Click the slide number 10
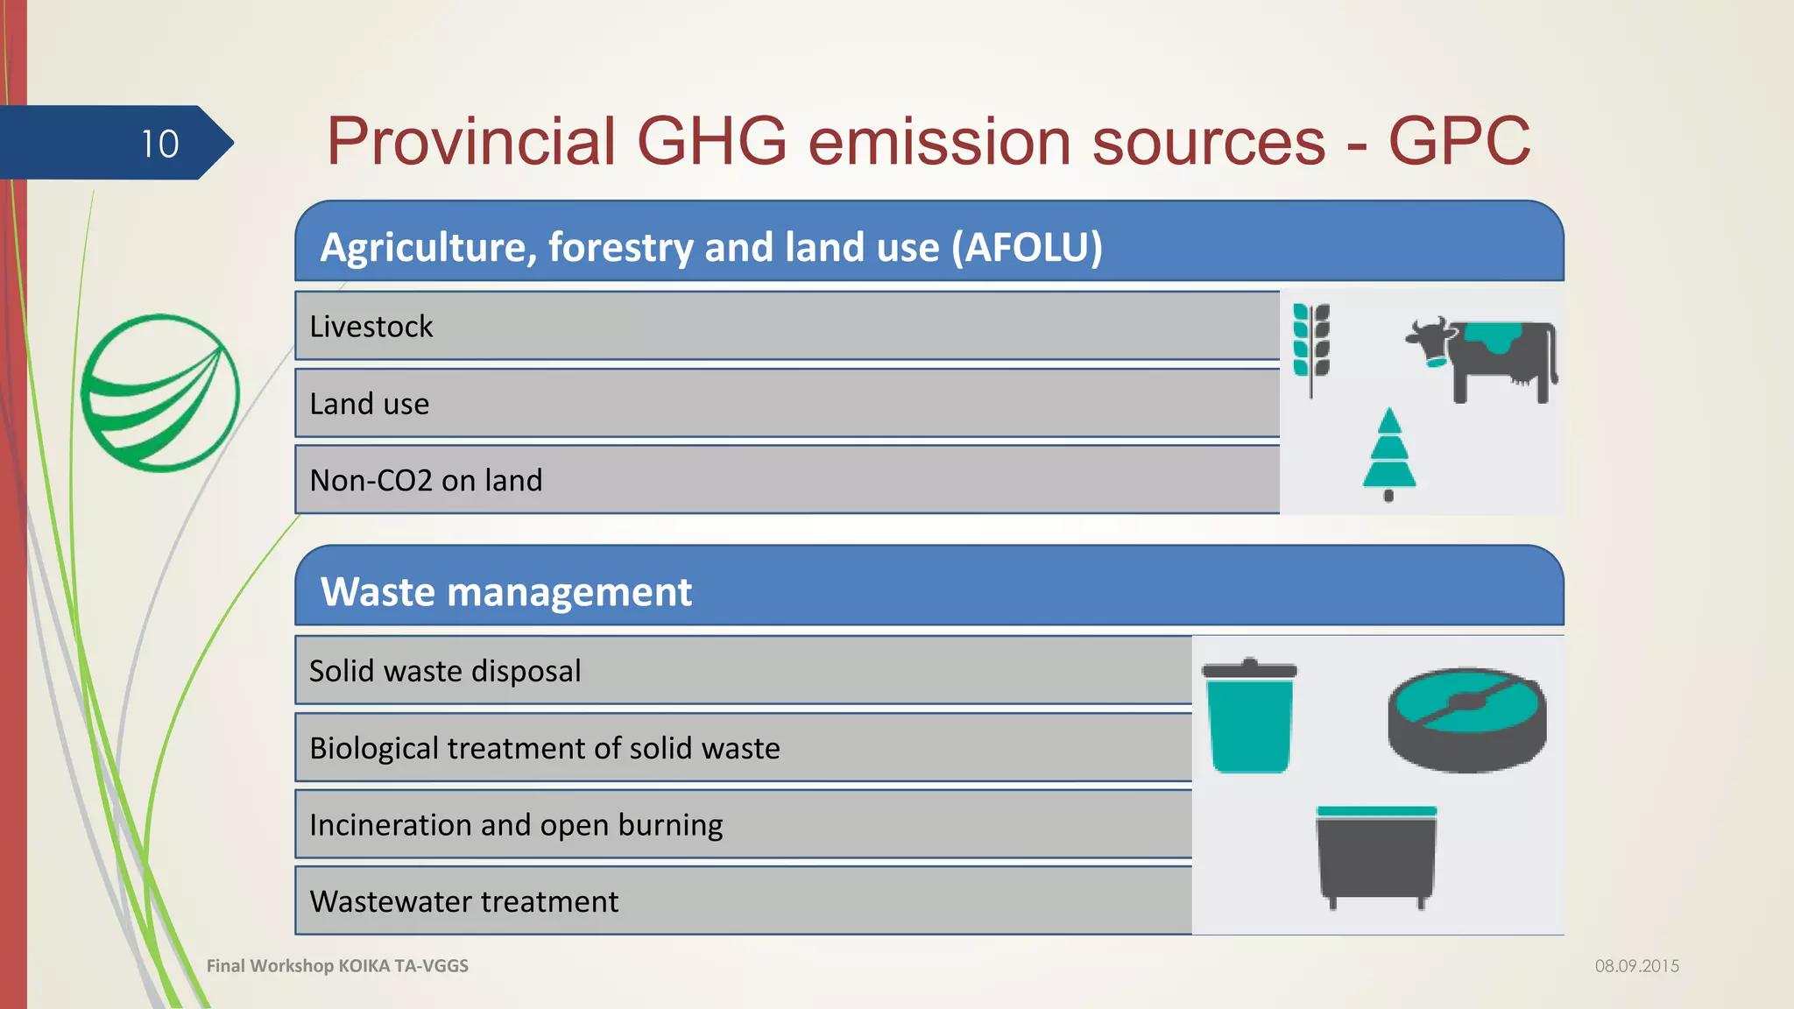[160, 144]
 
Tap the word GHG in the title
[711, 141]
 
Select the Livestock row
[371, 327]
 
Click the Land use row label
[370, 404]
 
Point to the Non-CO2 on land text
[426, 481]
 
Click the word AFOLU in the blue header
[1027, 247]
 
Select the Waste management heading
[506, 592]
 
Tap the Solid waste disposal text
[445, 671]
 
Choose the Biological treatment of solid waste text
[544, 748]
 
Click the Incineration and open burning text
[516, 825]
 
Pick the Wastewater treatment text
[463, 902]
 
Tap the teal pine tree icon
[1388, 454]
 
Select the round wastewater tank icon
[1466, 720]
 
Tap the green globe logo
[159, 392]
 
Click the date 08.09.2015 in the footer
[1636, 966]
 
